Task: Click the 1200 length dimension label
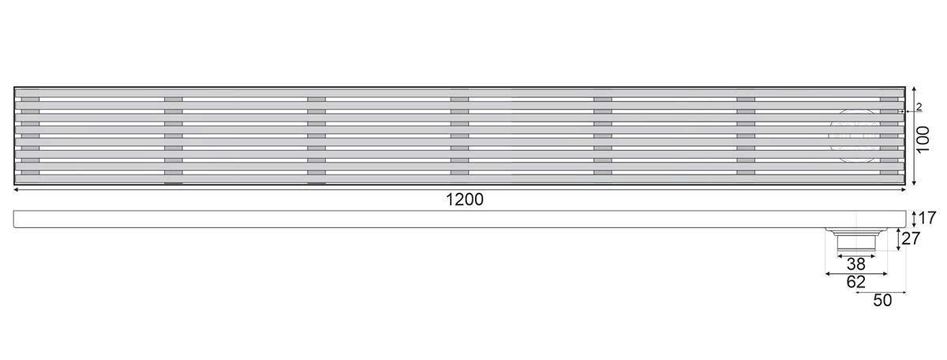point(464,201)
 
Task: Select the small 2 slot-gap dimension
point(918,106)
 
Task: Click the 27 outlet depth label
point(911,239)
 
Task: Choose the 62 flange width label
point(856,282)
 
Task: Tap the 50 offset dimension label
point(881,301)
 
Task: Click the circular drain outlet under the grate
point(855,135)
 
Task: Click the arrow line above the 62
point(856,273)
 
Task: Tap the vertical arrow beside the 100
point(914,136)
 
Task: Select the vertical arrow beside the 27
point(899,238)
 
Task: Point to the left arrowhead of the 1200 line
point(17,189)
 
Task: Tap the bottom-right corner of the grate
point(904,184)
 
